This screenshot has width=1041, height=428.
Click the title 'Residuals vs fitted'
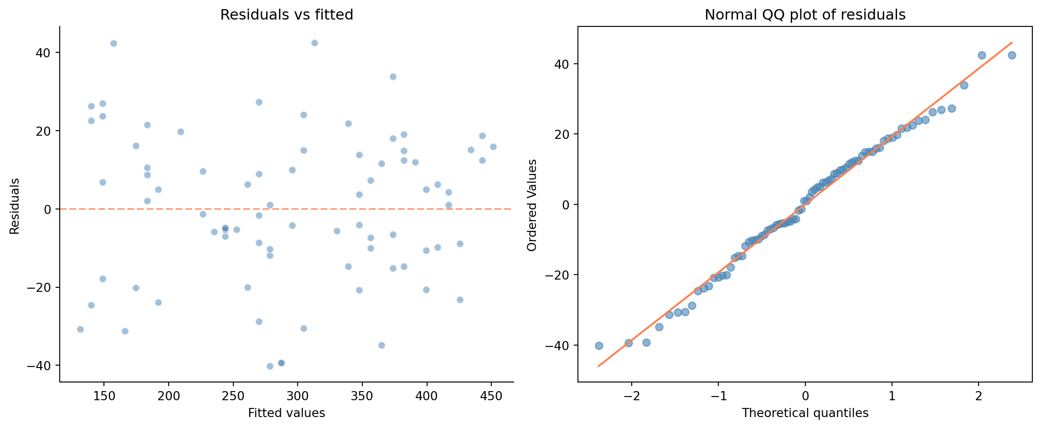287,15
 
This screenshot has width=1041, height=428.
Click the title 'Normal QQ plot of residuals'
805,15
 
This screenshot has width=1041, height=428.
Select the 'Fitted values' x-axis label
286,413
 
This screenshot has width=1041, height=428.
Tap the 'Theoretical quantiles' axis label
805,413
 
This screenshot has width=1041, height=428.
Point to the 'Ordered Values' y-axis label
532,205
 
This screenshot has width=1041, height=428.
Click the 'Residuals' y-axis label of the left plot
15,206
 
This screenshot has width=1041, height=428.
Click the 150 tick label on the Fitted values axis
104,396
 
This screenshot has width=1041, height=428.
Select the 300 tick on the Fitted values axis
298,396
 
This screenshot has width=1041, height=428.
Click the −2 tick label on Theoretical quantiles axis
632,396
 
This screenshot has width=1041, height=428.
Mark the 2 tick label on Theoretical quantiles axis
979,396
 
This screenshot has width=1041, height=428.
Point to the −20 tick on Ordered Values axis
559,275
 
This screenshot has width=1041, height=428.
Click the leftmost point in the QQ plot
599,346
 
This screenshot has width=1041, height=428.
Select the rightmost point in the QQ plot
1012,55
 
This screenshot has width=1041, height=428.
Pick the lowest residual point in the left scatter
270,366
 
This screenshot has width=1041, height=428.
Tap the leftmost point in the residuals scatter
80,329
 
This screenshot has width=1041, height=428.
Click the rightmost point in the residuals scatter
493,147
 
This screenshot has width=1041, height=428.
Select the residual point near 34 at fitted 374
393,76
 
